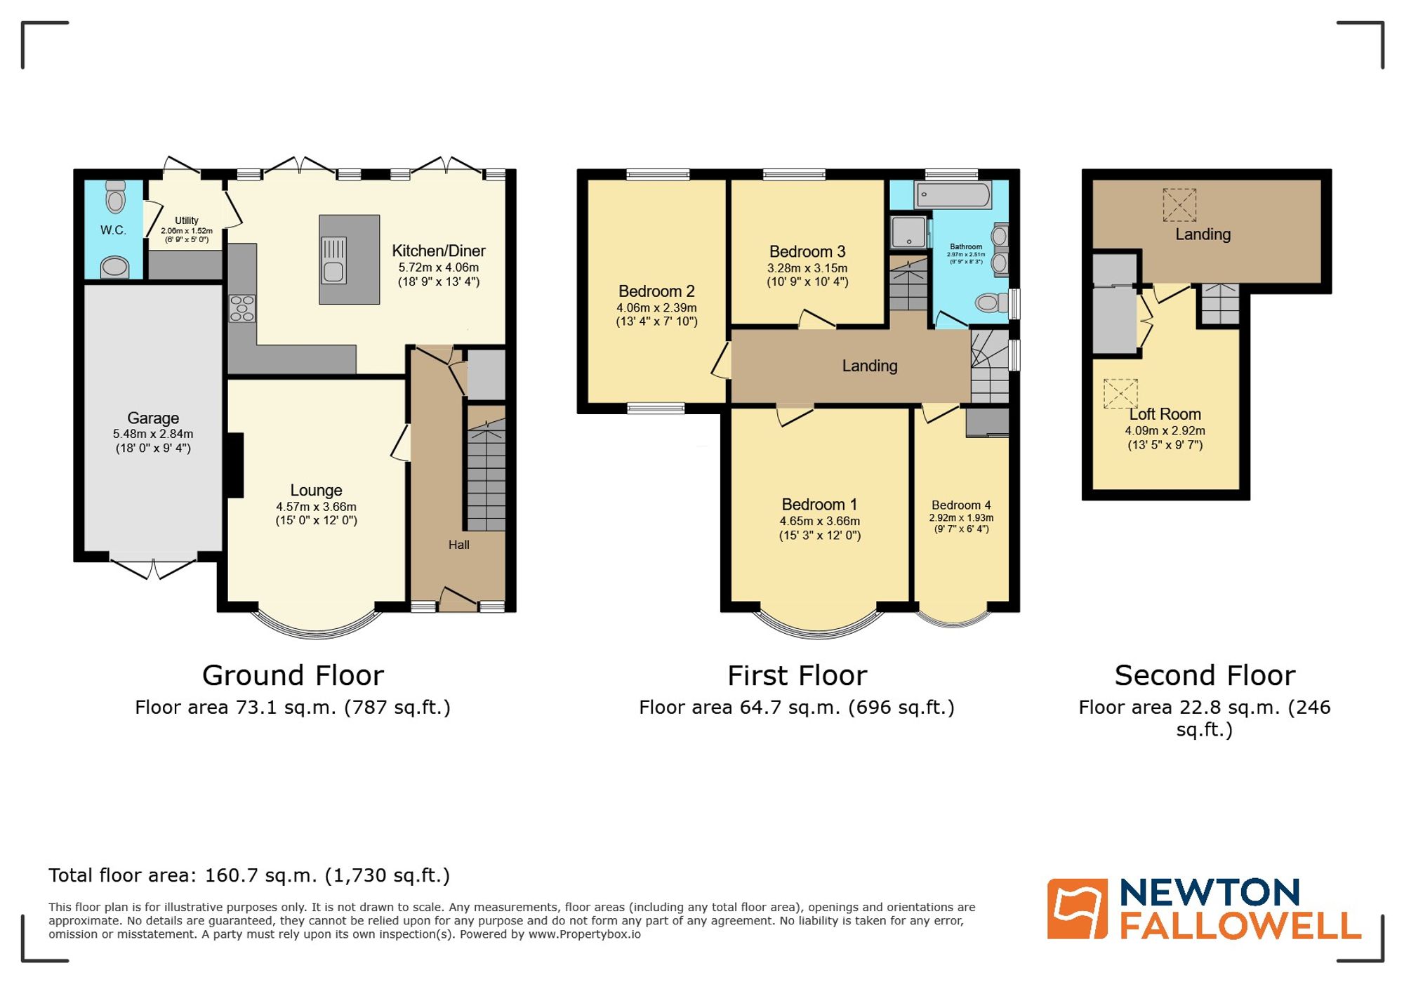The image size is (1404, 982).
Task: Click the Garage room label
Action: coord(153,418)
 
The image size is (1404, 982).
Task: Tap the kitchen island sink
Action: coord(333,259)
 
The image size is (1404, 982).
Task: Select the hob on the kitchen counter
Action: coord(241,309)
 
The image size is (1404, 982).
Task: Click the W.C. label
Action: coord(112,230)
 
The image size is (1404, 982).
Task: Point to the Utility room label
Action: coord(187,220)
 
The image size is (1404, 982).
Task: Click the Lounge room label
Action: coord(316,491)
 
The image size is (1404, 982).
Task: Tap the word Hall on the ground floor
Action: coord(458,545)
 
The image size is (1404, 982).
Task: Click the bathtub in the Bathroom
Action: coord(953,194)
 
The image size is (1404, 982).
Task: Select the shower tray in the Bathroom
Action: coord(908,232)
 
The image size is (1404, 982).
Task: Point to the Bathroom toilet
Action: coord(989,303)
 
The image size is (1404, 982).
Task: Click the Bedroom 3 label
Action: coord(807,252)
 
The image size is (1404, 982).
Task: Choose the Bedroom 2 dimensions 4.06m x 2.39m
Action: coord(656,307)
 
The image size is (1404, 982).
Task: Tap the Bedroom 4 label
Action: coord(961,505)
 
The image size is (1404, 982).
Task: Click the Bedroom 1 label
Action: coord(819,505)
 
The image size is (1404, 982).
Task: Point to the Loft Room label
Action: coord(1165,414)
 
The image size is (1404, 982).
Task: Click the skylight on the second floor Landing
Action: coord(1179,205)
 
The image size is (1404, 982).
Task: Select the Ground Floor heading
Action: coord(293,675)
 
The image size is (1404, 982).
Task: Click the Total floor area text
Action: coord(249,875)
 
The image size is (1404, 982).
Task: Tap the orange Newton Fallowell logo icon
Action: coord(1077,908)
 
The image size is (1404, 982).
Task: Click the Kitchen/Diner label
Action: coord(438,251)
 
